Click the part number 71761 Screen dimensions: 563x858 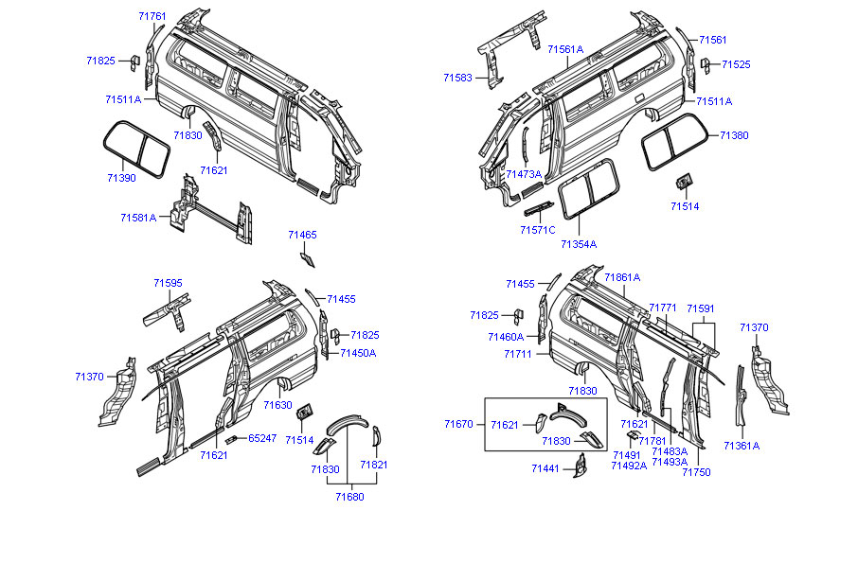[152, 17]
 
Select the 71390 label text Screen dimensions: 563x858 [120, 178]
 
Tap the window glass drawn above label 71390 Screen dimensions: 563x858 [135, 148]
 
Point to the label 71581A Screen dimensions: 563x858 [138, 218]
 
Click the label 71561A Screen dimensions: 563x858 [565, 49]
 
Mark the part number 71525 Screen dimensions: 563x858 [736, 64]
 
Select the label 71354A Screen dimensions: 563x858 [578, 244]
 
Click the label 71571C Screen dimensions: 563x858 [538, 230]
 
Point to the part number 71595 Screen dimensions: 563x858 [168, 282]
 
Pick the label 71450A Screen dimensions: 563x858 [358, 353]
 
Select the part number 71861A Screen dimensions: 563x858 [622, 277]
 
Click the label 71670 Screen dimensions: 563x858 [458, 425]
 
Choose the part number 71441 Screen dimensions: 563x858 [545, 468]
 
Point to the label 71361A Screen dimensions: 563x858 [742, 445]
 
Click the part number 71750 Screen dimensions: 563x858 [696, 472]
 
